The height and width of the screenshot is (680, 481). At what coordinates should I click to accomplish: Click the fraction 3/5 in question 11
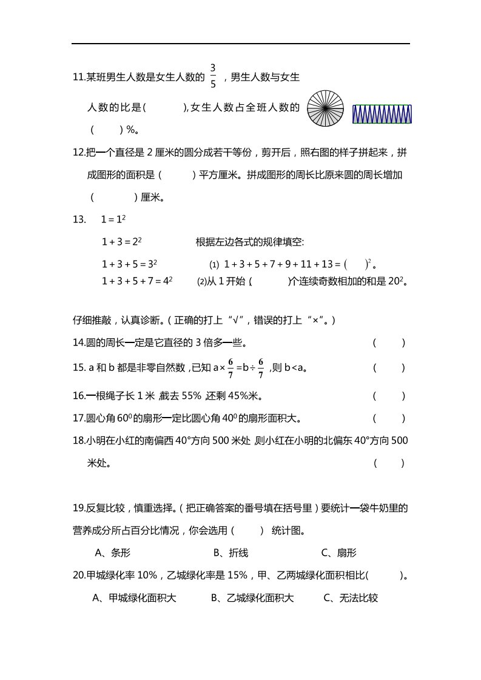tap(213, 76)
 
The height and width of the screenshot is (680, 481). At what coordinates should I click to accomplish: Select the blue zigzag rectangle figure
tap(382, 113)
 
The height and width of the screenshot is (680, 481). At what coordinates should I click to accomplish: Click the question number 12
tap(78, 152)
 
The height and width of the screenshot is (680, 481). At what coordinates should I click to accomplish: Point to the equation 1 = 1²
tap(113, 219)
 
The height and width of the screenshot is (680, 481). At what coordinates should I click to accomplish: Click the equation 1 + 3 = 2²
tap(121, 241)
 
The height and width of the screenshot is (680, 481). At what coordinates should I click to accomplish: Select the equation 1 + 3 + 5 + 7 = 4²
tap(137, 281)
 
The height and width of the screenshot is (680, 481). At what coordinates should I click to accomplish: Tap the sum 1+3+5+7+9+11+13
tap(278, 264)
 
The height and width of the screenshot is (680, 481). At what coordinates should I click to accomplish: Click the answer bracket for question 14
tap(389, 343)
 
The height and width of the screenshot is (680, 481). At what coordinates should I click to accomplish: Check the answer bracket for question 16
tap(389, 396)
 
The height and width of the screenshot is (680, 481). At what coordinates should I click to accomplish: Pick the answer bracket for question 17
tap(389, 418)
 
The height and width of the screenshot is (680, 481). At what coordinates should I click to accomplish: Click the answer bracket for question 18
tap(389, 464)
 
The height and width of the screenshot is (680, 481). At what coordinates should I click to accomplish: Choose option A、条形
tap(113, 552)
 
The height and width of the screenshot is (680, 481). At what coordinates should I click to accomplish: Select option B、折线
tap(230, 552)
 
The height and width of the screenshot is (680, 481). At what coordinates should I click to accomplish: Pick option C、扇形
tap(338, 552)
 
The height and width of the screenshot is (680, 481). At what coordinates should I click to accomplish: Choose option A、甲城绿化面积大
tap(134, 598)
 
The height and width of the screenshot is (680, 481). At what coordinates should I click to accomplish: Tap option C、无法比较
tap(351, 598)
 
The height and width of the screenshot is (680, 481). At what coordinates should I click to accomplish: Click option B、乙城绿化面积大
tap(252, 598)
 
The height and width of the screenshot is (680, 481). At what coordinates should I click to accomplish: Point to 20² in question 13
tap(397, 281)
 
